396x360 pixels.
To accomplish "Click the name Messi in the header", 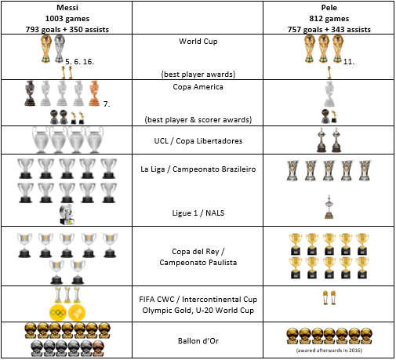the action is click(67, 8).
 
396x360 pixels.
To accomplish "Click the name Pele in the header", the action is click(329, 8).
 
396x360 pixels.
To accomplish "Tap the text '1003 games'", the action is click(67, 19).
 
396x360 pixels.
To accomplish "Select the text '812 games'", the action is click(329, 19).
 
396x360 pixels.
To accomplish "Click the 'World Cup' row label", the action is click(198, 42).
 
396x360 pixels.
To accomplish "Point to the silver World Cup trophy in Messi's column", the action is click(60, 49).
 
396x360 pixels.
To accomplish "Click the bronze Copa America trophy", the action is click(94, 93).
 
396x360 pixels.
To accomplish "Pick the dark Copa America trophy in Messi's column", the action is click(30, 93).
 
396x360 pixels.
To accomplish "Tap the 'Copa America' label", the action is click(198, 87).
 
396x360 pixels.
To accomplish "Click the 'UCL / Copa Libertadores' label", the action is click(198, 141).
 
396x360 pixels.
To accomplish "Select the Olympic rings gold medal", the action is click(57, 312).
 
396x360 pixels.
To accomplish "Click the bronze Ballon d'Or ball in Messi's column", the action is click(98, 348).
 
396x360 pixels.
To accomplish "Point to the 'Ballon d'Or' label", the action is click(198, 341).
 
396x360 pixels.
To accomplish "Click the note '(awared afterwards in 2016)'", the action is click(329, 351).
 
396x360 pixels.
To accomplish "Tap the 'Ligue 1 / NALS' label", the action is click(198, 213).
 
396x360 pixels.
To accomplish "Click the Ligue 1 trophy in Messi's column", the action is click(67, 214).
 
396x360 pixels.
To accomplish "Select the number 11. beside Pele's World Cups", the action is click(349, 62).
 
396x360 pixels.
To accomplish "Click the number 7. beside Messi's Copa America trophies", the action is click(107, 104).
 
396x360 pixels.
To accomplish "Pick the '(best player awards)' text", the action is click(198, 75).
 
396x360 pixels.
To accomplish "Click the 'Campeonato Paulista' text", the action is click(198, 263).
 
